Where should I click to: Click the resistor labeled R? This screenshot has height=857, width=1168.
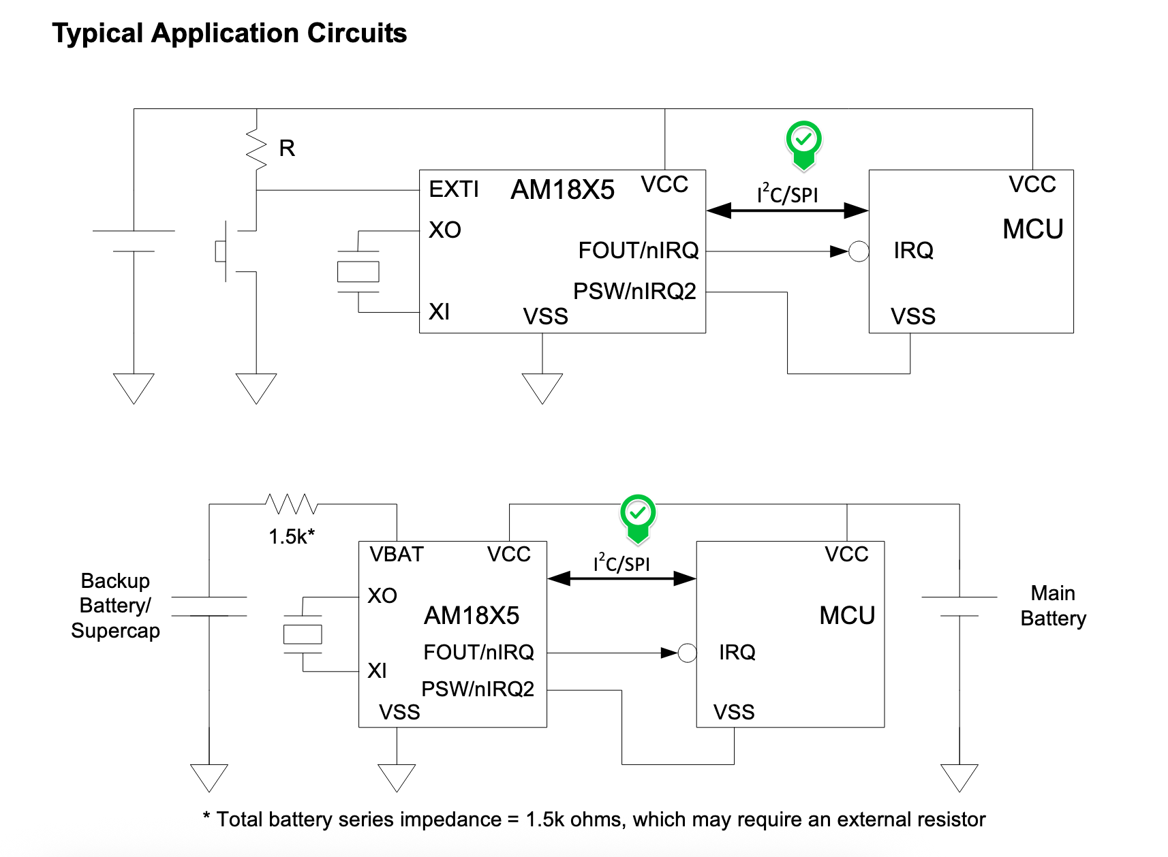[257, 149]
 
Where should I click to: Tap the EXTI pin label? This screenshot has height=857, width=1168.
[454, 189]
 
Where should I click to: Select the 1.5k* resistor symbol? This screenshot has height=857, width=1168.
[292, 504]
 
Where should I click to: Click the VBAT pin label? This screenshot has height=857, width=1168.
[397, 555]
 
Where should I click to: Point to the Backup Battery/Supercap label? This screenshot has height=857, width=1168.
[115, 606]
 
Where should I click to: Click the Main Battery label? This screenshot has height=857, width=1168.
[1053, 606]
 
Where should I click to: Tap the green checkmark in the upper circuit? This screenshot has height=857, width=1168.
[804, 141]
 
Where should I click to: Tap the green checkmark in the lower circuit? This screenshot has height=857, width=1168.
[638, 514]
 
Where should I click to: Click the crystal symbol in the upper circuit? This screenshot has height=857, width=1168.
[358, 272]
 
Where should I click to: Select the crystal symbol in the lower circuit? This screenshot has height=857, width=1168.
[303, 634]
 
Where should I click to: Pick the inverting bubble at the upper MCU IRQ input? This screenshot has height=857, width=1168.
[859, 251]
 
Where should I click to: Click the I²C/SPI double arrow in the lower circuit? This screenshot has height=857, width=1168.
[621, 579]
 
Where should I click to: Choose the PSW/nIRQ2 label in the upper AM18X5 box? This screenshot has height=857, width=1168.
[634, 292]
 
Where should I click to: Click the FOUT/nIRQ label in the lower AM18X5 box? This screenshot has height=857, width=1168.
[478, 653]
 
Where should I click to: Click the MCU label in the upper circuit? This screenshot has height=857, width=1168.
[1032, 230]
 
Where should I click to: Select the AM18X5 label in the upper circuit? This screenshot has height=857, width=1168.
[562, 190]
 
